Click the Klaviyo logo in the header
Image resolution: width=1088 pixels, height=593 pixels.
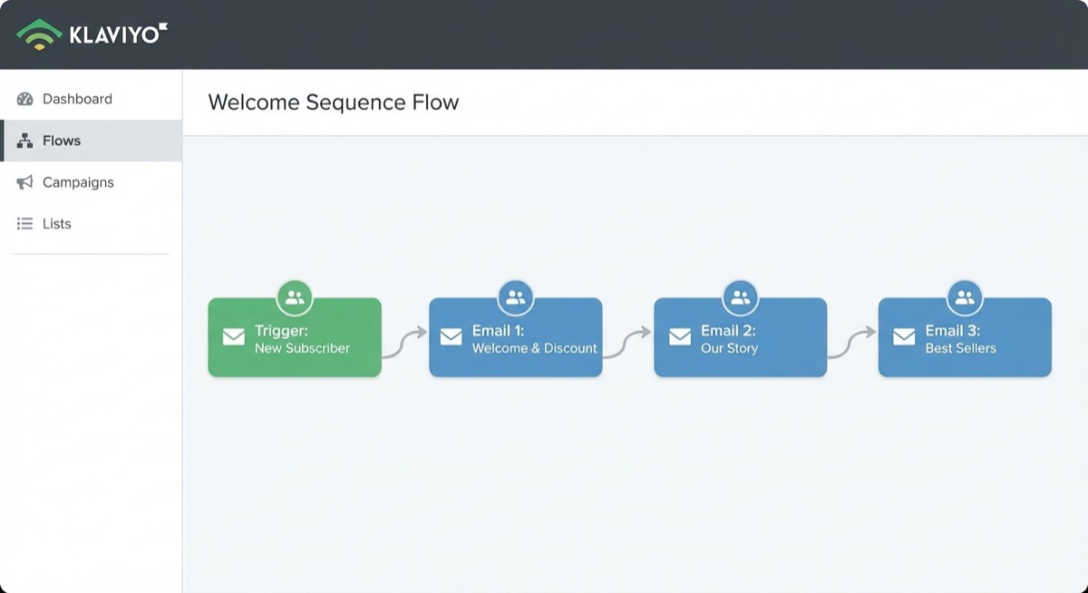pyautogui.click(x=92, y=34)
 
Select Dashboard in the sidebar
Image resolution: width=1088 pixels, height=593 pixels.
pyautogui.click(x=77, y=99)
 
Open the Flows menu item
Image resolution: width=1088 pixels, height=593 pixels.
pyautogui.click(x=62, y=141)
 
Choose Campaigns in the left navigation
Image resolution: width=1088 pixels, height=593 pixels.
pyautogui.click(x=78, y=182)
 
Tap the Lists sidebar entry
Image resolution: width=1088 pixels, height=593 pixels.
pyautogui.click(x=56, y=224)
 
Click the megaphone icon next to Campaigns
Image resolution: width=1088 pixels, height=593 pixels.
pyautogui.click(x=25, y=182)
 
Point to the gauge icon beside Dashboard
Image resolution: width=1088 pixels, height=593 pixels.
pyautogui.click(x=25, y=99)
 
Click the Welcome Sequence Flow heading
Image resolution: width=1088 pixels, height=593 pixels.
pyautogui.click(x=334, y=102)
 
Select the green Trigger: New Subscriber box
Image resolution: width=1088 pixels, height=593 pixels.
pyautogui.click(x=295, y=337)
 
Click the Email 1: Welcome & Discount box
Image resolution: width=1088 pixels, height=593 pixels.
pyautogui.click(x=515, y=337)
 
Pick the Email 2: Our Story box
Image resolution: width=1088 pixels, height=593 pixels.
pyautogui.click(x=740, y=337)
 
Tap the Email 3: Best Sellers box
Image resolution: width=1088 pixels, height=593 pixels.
pyautogui.click(x=965, y=337)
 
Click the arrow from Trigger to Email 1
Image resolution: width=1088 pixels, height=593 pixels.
pyautogui.click(x=404, y=344)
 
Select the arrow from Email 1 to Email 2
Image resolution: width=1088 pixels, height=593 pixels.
pyautogui.click(x=627, y=344)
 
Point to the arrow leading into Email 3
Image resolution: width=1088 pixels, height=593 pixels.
pyautogui.click(x=852, y=344)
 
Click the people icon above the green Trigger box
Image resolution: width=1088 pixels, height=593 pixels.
pyautogui.click(x=295, y=296)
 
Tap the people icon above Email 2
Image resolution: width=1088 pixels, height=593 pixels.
pyautogui.click(x=740, y=296)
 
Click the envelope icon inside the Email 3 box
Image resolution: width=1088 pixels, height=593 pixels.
pyautogui.click(x=904, y=337)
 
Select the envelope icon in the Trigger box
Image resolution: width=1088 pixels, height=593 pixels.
pyautogui.click(x=234, y=337)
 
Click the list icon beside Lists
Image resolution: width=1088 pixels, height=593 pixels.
pyautogui.click(x=25, y=224)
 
